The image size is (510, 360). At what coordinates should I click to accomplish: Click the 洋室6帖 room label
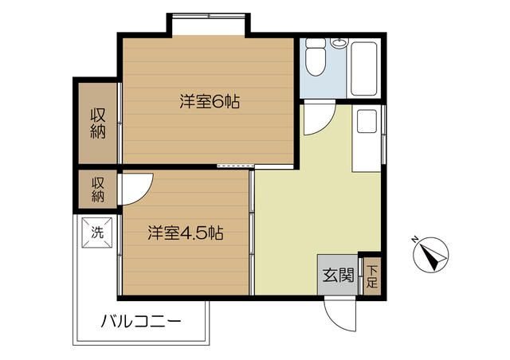click(210, 102)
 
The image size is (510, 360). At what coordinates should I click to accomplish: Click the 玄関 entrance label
click(338, 275)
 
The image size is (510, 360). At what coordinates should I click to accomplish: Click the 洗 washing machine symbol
click(97, 234)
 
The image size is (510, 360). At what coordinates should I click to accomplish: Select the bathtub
click(365, 67)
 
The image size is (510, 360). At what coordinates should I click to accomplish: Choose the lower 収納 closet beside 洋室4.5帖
click(98, 190)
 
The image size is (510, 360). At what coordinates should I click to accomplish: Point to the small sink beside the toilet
click(339, 42)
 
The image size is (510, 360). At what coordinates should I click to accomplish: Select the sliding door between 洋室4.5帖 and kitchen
click(251, 231)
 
